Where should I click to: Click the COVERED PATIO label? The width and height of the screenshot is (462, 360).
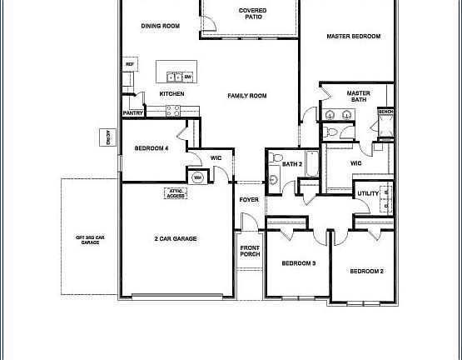pos(253,14)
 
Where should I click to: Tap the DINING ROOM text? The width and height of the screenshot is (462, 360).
pos(161,26)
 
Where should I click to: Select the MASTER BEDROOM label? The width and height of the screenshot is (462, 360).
pos(353,37)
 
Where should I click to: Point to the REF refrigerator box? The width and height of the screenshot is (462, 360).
pos(130,64)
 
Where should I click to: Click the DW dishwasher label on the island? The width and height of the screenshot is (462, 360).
pos(187,77)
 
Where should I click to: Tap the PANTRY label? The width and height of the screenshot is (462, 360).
pos(132,112)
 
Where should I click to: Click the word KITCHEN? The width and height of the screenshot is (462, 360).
pos(171,94)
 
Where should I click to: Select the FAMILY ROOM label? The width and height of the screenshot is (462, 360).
pos(247,97)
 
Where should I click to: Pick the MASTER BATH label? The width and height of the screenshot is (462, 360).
pos(358,97)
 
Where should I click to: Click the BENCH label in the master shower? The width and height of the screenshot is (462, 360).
pos(385,112)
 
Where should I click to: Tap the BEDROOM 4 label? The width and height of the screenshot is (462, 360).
pos(152,148)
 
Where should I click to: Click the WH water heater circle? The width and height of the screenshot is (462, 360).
pos(198,177)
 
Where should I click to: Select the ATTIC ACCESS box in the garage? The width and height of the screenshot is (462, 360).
pos(176,192)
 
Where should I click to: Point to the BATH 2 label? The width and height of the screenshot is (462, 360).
pos(291,164)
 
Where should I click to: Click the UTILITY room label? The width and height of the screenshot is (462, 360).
pos(368,194)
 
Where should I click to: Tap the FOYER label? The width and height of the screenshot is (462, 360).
pos(249,200)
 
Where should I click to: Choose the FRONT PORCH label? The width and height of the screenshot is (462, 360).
pos(250,252)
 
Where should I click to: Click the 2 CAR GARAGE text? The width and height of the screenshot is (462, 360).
pos(175,239)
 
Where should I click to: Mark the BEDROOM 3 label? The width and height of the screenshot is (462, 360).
pos(298,263)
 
